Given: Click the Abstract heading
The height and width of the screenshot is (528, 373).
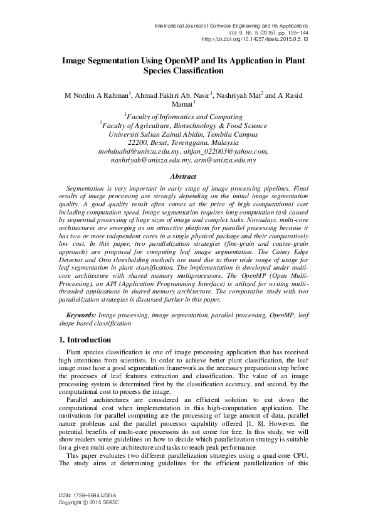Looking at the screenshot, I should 186,177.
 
